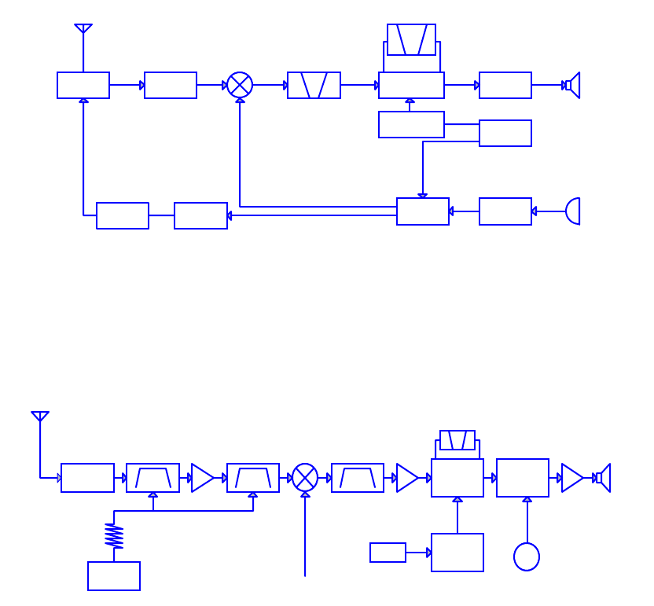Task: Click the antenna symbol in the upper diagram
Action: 83,30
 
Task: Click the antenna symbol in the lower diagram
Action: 40,417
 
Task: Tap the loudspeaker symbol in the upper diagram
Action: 573,85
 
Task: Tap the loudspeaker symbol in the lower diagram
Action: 603,478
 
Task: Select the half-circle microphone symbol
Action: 573,211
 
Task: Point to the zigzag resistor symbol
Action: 114,536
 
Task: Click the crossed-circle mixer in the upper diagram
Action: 240,85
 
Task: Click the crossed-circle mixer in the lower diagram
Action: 305,478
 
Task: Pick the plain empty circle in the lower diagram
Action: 527,556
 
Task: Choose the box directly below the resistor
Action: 114,576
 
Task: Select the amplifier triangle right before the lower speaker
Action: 571,478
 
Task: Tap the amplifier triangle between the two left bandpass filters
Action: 202,478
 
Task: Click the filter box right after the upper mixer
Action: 314,85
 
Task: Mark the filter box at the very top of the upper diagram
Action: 411,39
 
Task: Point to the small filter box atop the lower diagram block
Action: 457,440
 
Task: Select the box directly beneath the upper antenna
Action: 83,85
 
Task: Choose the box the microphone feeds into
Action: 505,211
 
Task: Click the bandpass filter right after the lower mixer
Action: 358,478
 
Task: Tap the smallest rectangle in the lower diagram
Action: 388,553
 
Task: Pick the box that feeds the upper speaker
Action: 505,85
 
